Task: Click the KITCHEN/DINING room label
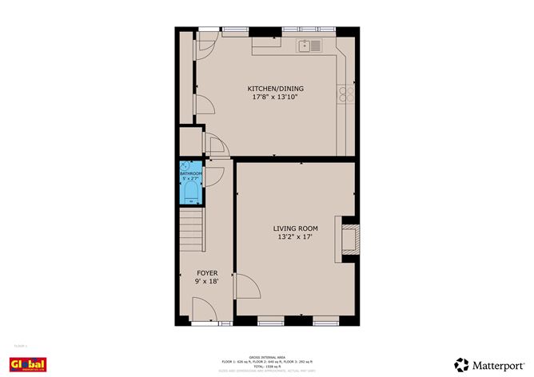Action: [x=275, y=89]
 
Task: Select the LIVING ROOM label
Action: [x=297, y=228]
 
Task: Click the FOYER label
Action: [x=207, y=273]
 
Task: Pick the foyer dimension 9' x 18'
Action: [x=207, y=282]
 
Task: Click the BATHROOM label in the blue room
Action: [x=190, y=173]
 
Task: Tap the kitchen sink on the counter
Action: [x=310, y=46]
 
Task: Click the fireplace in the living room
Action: [x=350, y=238]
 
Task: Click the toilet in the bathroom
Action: [x=190, y=192]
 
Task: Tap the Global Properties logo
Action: [x=27, y=365]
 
